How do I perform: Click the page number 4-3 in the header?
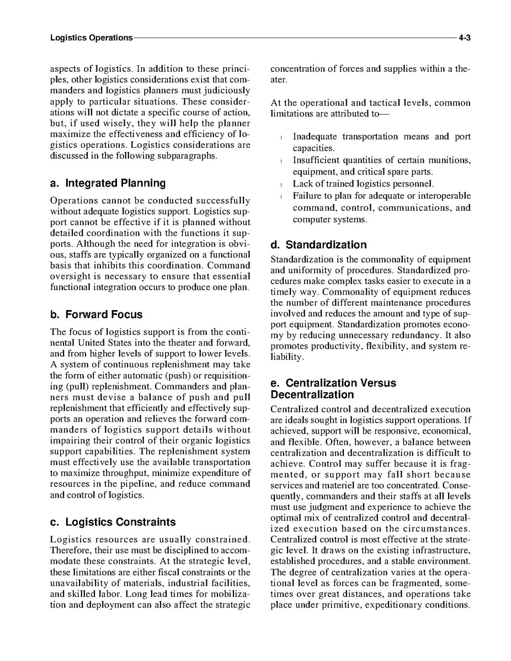pyautogui.click(x=464, y=38)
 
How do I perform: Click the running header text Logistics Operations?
pyautogui.click(x=91, y=38)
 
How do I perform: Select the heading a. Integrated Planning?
pyautogui.click(x=108, y=183)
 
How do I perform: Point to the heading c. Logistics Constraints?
pyautogui.click(x=113, y=522)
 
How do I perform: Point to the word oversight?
pyautogui.click(x=68, y=276)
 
